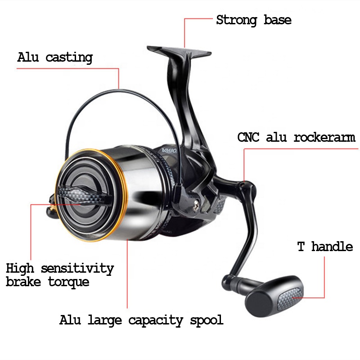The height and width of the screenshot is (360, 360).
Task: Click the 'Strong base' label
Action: coord(253,20)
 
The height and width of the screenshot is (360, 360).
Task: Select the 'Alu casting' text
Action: coord(55,58)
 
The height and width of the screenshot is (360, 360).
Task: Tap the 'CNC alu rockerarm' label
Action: coord(296,137)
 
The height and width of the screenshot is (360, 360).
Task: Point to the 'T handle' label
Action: coord(325,247)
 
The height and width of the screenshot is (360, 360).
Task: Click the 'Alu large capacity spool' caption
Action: coord(141,320)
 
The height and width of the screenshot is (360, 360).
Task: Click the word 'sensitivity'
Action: coord(77,269)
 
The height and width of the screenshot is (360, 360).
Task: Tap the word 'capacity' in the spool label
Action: coord(156,321)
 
